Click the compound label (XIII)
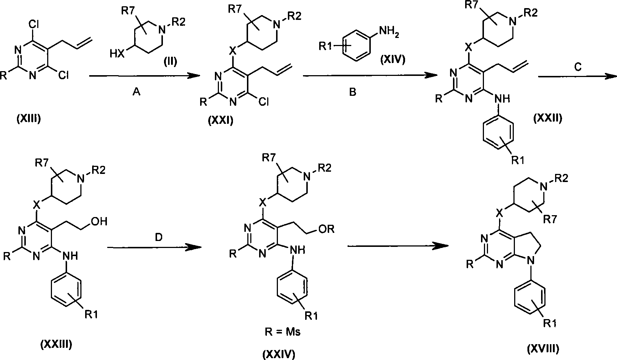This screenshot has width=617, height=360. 28,119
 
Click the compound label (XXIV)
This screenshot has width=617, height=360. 279,354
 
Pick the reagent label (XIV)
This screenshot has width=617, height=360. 393,59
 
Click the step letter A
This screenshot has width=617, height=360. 136,93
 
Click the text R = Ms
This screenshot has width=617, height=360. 283,332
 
